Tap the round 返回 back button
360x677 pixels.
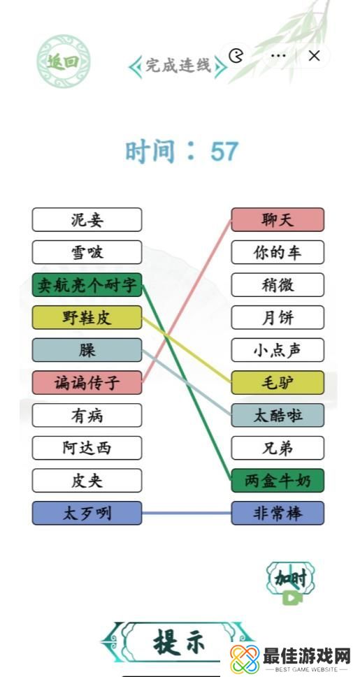point(63,62)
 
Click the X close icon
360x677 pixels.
point(315,57)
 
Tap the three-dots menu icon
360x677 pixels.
point(278,56)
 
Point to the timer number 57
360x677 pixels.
point(224,151)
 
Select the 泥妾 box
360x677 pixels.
point(87,220)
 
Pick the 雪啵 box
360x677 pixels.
point(87,252)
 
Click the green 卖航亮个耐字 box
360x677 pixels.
point(87,285)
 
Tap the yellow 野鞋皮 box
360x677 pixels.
point(87,318)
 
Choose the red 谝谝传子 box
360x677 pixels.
point(87,383)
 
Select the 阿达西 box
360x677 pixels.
point(87,448)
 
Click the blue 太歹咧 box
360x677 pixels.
point(87,514)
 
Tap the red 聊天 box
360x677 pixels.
point(278,220)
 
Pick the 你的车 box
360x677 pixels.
point(278,252)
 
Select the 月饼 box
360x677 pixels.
point(278,318)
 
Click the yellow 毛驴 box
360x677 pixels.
point(278,383)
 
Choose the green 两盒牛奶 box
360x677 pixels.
point(278,481)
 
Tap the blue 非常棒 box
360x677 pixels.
point(278,514)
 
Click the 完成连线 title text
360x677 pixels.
point(178,66)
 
